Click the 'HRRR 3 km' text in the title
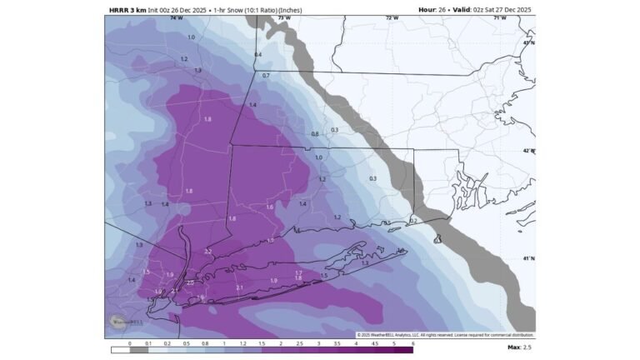(x=127, y=10)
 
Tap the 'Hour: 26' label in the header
(x=434, y=10)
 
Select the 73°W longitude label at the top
(x=284, y=17)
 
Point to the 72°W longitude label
(x=391, y=17)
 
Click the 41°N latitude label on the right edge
(x=528, y=258)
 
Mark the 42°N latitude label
(x=528, y=151)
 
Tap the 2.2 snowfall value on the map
(x=208, y=252)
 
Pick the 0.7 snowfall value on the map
(x=266, y=76)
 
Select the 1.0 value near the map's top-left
(x=192, y=37)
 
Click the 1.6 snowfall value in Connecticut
(x=269, y=207)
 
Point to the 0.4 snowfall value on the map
(x=258, y=55)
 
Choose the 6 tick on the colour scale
(x=412, y=342)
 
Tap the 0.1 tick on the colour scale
(x=148, y=342)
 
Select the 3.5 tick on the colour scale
(x=335, y=342)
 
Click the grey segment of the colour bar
(x=139, y=350)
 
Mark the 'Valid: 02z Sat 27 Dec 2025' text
(x=492, y=10)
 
